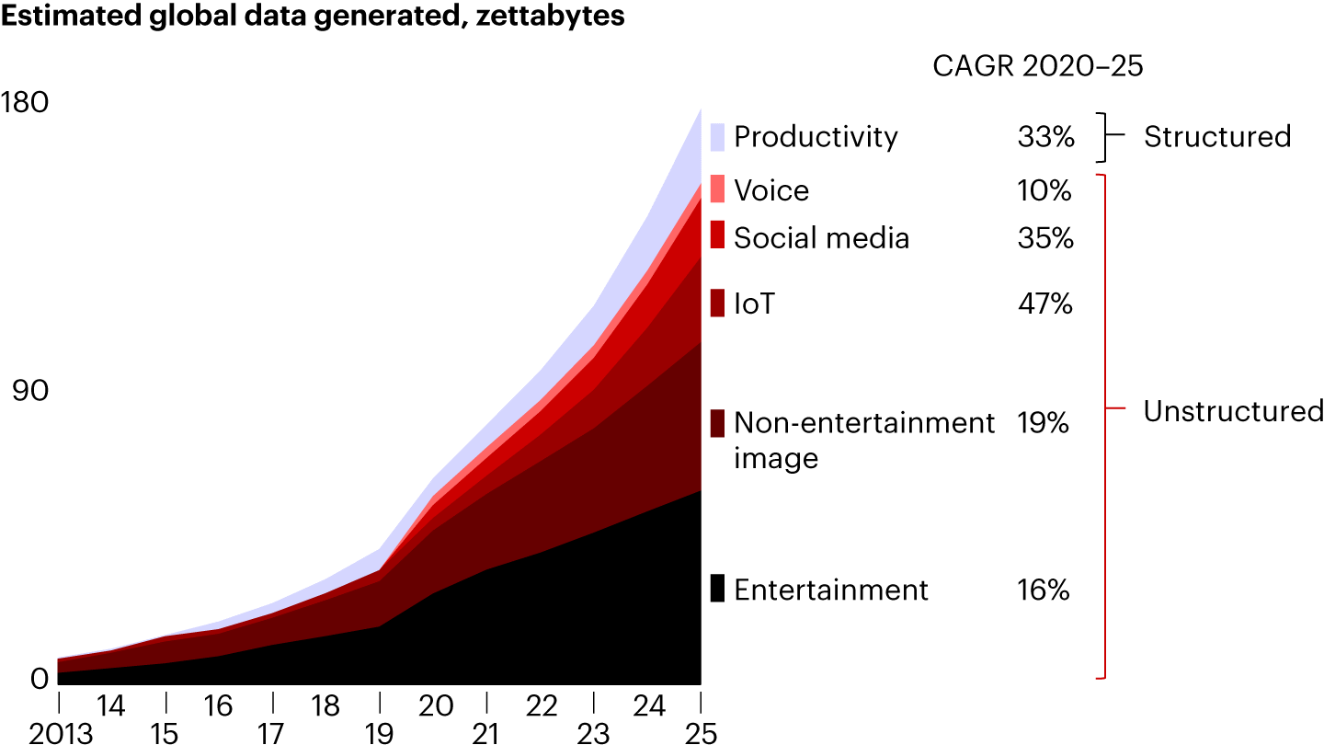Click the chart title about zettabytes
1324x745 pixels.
(x=313, y=17)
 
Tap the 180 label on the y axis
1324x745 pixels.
(x=26, y=102)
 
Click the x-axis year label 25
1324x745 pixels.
(x=701, y=734)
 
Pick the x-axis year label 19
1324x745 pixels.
(x=379, y=734)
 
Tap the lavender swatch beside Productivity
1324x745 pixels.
(x=717, y=137)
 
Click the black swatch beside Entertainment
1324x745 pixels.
(x=717, y=589)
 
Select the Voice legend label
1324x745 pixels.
(x=771, y=190)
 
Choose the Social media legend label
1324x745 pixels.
(x=821, y=238)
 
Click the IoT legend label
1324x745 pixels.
(x=754, y=303)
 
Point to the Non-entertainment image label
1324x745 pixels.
(x=864, y=440)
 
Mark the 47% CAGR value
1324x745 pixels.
(x=1044, y=303)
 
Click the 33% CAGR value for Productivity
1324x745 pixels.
(x=1045, y=137)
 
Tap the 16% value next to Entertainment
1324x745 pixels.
(x=1044, y=589)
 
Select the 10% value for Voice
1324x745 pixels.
(x=1044, y=190)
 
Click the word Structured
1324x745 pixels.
(x=1217, y=136)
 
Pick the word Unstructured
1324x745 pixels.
(x=1233, y=411)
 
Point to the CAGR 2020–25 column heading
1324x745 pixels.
(x=1037, y=66)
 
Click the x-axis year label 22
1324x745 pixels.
(x=542, y=706)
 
